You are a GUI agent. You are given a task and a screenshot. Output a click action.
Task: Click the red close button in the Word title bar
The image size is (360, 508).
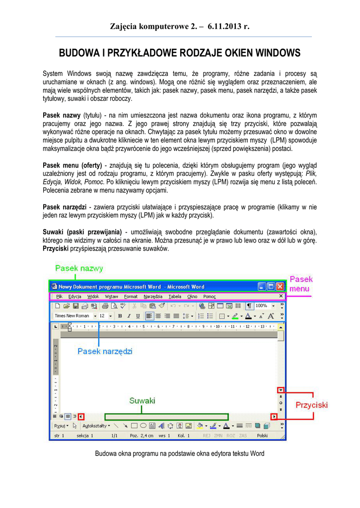tap(281, 286)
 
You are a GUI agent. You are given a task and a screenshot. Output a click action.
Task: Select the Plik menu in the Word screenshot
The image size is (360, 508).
tap(60, 296)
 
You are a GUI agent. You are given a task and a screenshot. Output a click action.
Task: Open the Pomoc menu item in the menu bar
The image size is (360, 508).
tap(210, 296)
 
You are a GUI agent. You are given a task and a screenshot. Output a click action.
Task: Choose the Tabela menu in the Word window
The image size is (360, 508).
tap(175, 296)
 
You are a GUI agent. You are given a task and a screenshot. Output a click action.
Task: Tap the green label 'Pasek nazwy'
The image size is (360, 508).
tap(79, 268)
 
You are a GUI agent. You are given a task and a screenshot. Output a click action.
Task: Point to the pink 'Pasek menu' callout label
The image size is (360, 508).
tap(301, 284)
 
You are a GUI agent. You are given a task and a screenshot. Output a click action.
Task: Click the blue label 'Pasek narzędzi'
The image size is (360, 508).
tap(105, 351)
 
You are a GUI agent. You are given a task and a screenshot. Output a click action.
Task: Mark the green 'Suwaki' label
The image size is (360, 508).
tap(143, 400)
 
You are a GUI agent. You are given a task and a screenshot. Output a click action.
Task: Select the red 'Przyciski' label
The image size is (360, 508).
tap(312, 405)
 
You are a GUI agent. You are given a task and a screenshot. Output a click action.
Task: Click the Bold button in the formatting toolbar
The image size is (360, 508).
tap(120, 316)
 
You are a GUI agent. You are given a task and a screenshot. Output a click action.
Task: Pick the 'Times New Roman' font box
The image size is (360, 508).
tap(72, 316)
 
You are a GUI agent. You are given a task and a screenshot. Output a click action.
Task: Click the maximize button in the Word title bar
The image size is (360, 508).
tap(271, 286)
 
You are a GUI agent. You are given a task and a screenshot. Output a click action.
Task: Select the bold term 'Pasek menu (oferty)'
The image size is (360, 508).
tap(72, 165)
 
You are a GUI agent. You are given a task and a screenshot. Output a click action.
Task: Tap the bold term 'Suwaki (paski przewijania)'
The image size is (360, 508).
tap(82, 232)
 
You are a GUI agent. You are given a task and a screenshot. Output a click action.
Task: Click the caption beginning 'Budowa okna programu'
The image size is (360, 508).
tap(180, 453)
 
